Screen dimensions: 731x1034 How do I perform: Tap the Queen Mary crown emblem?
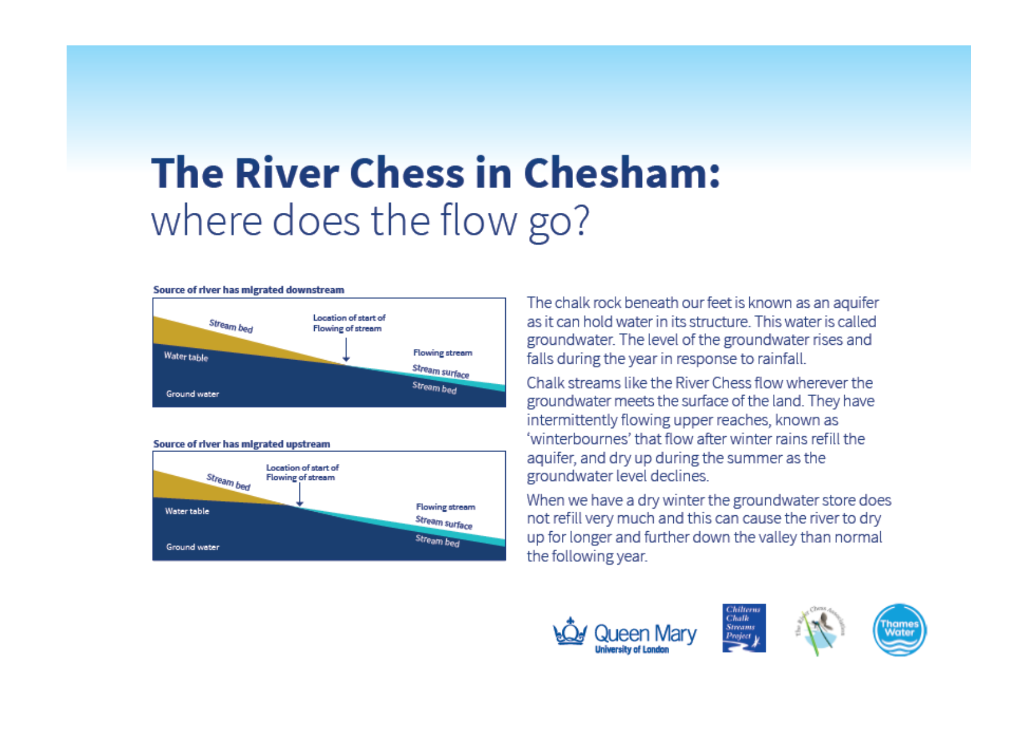click(569, 632)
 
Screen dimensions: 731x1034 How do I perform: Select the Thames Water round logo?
click(899, 630)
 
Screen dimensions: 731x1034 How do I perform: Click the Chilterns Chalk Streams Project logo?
click(744, 628)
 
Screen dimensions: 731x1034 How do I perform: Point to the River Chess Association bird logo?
click(820, 630)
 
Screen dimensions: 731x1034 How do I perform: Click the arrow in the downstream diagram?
click(346, 350)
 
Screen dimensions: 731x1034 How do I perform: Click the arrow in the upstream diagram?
click(299, 495)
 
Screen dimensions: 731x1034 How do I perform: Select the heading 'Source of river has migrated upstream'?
click(242, 444)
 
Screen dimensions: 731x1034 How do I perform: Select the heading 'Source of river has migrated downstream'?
click(248, 290)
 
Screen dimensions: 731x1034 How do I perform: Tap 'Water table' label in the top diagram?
click(186, 357)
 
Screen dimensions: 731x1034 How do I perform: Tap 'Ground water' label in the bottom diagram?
click(192, 547)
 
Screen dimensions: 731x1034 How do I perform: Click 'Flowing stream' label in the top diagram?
click(442, 353)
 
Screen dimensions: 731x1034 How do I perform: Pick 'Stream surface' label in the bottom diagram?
click(443, 522)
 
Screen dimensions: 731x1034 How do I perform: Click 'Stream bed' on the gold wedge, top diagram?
click(230, 326)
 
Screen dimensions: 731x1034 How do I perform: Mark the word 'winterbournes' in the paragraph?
click(580, 439)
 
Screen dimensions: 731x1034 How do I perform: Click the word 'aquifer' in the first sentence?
click(855, 303)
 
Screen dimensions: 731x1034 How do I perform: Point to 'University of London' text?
click(631, 650)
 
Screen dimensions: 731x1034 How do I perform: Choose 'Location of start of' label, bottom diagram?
click(302, 467)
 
